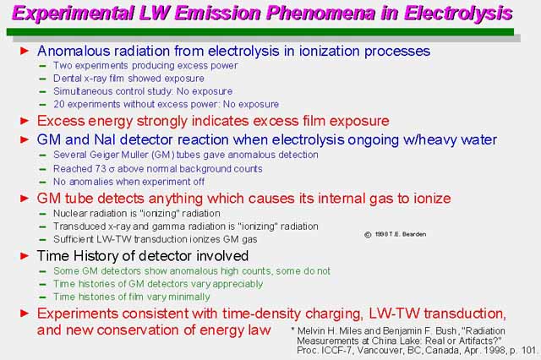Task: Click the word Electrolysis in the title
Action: [458, 14]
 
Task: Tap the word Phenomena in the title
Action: [320, 14]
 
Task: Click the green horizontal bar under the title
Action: [260, 32]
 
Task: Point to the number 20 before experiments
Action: [58, 104]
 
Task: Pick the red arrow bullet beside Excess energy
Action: [25, 121]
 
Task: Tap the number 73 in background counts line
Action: [100, 169]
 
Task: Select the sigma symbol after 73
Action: [112, 170]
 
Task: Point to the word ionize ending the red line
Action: [431, 199]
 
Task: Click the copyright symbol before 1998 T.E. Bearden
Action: [368, 234]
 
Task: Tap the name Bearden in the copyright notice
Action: [414, 234]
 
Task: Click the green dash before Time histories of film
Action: [42, 297]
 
